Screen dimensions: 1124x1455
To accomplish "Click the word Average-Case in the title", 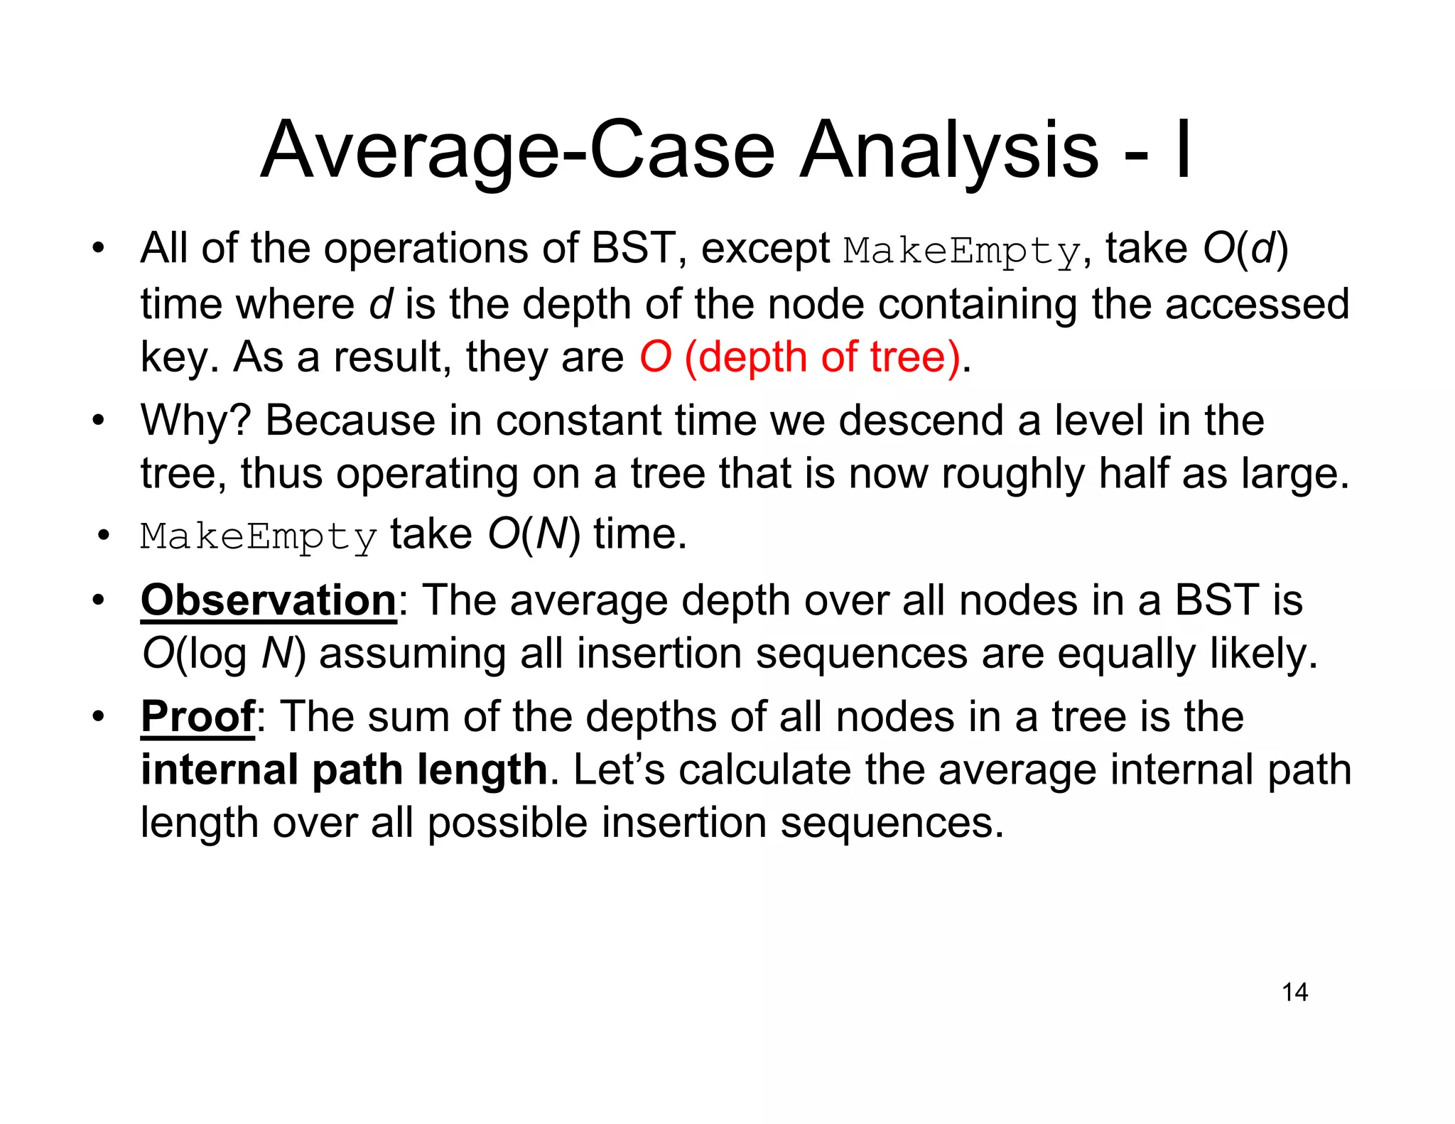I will (x=517, y=151).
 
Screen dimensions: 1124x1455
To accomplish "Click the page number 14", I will (x=1294, y=992).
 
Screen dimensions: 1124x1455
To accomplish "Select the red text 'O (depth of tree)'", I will (x=800, y=357).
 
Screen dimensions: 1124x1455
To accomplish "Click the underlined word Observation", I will (x=269, y=600).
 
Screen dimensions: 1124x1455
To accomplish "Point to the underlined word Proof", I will (x=198, y=716).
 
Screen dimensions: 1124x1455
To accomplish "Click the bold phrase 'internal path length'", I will (x=344, y=769).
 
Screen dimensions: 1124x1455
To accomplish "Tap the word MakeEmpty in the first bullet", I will (x=962, y=250).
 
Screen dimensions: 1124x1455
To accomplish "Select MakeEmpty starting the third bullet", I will (x=259, y=536).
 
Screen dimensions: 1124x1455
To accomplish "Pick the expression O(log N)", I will (x=224, y=654).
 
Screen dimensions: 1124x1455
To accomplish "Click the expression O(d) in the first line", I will (x=1245, y=249).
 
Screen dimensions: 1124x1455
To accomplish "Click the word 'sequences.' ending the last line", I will (x=892, y=823).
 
